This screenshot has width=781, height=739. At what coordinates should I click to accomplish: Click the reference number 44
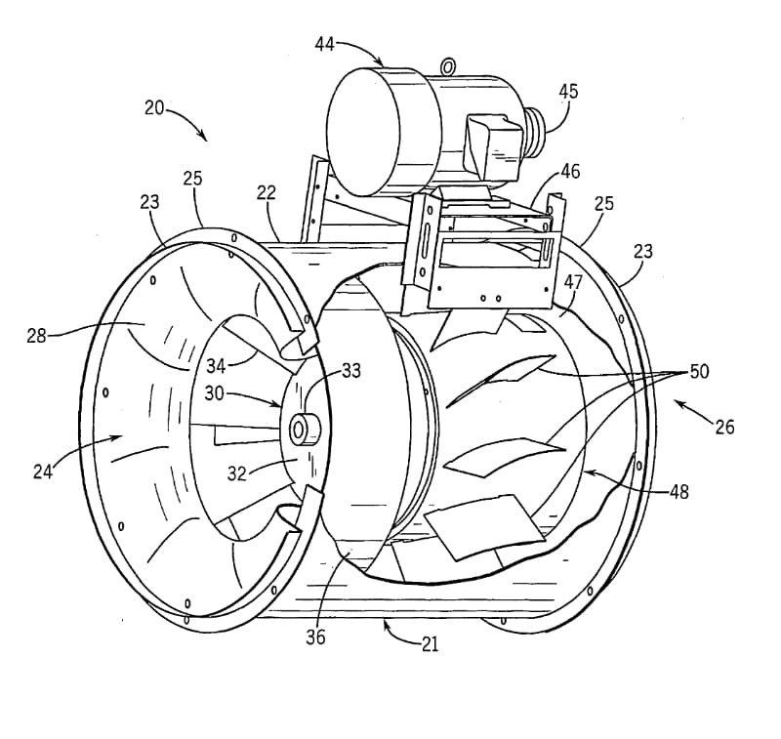324,44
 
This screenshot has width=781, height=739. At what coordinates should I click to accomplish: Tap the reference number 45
568,91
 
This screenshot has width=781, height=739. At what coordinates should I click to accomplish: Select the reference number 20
154,107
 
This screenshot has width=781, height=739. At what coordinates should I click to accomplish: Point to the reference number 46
570,171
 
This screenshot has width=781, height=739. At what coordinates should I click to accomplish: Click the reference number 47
573,282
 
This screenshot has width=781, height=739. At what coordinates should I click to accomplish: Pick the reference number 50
699,371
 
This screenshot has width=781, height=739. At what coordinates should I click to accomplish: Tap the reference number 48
678,491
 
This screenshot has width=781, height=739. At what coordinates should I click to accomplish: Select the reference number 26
724,427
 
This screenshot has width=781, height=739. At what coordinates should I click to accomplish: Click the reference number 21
430,644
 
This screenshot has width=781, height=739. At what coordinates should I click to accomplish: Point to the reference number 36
315,636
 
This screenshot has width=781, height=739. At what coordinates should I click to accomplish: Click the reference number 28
36,336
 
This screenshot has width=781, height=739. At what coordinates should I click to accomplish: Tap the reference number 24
43,472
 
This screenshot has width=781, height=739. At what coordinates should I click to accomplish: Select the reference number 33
351,371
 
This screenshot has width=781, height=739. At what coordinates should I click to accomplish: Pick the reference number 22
267,192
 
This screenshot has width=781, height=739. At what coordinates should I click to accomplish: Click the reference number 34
216,366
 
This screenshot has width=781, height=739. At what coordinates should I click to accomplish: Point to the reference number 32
237,473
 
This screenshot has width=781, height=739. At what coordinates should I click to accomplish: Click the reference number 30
214,393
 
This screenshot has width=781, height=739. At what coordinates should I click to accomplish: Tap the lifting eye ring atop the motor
448,65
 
